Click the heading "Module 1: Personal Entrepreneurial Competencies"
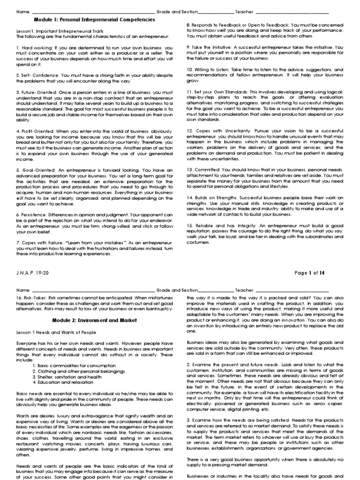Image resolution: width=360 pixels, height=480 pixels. click(x=94, y=20)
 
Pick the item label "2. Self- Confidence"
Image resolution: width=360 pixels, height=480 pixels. click(x=37, y=75)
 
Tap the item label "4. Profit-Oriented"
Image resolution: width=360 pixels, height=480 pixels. click(x=37, y=130)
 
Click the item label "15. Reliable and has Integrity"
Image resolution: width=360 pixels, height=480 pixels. click(x=219, y=224)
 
